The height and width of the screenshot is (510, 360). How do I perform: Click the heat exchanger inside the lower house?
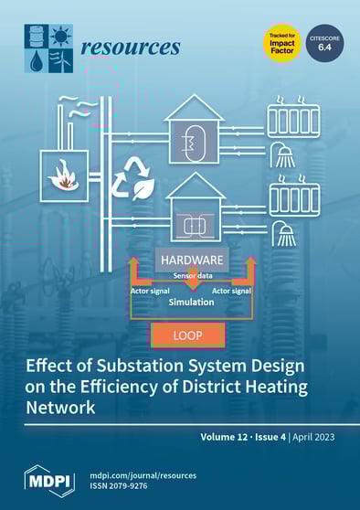click(x=195, y=220)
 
